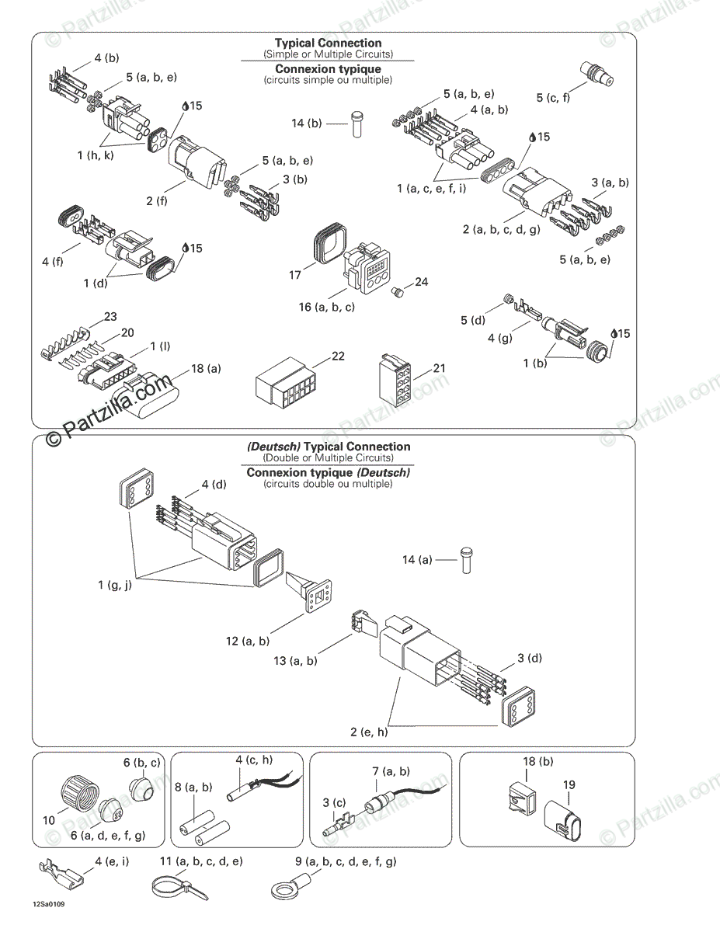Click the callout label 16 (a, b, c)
pos(327,307)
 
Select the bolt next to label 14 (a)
pos(466,559)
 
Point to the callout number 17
pos(295,275)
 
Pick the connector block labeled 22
pos(283,386)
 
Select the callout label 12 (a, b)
pos(248,642)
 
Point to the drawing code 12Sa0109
pos(47,905)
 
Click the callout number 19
pos(569,785)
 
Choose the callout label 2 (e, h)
pos(369,732)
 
